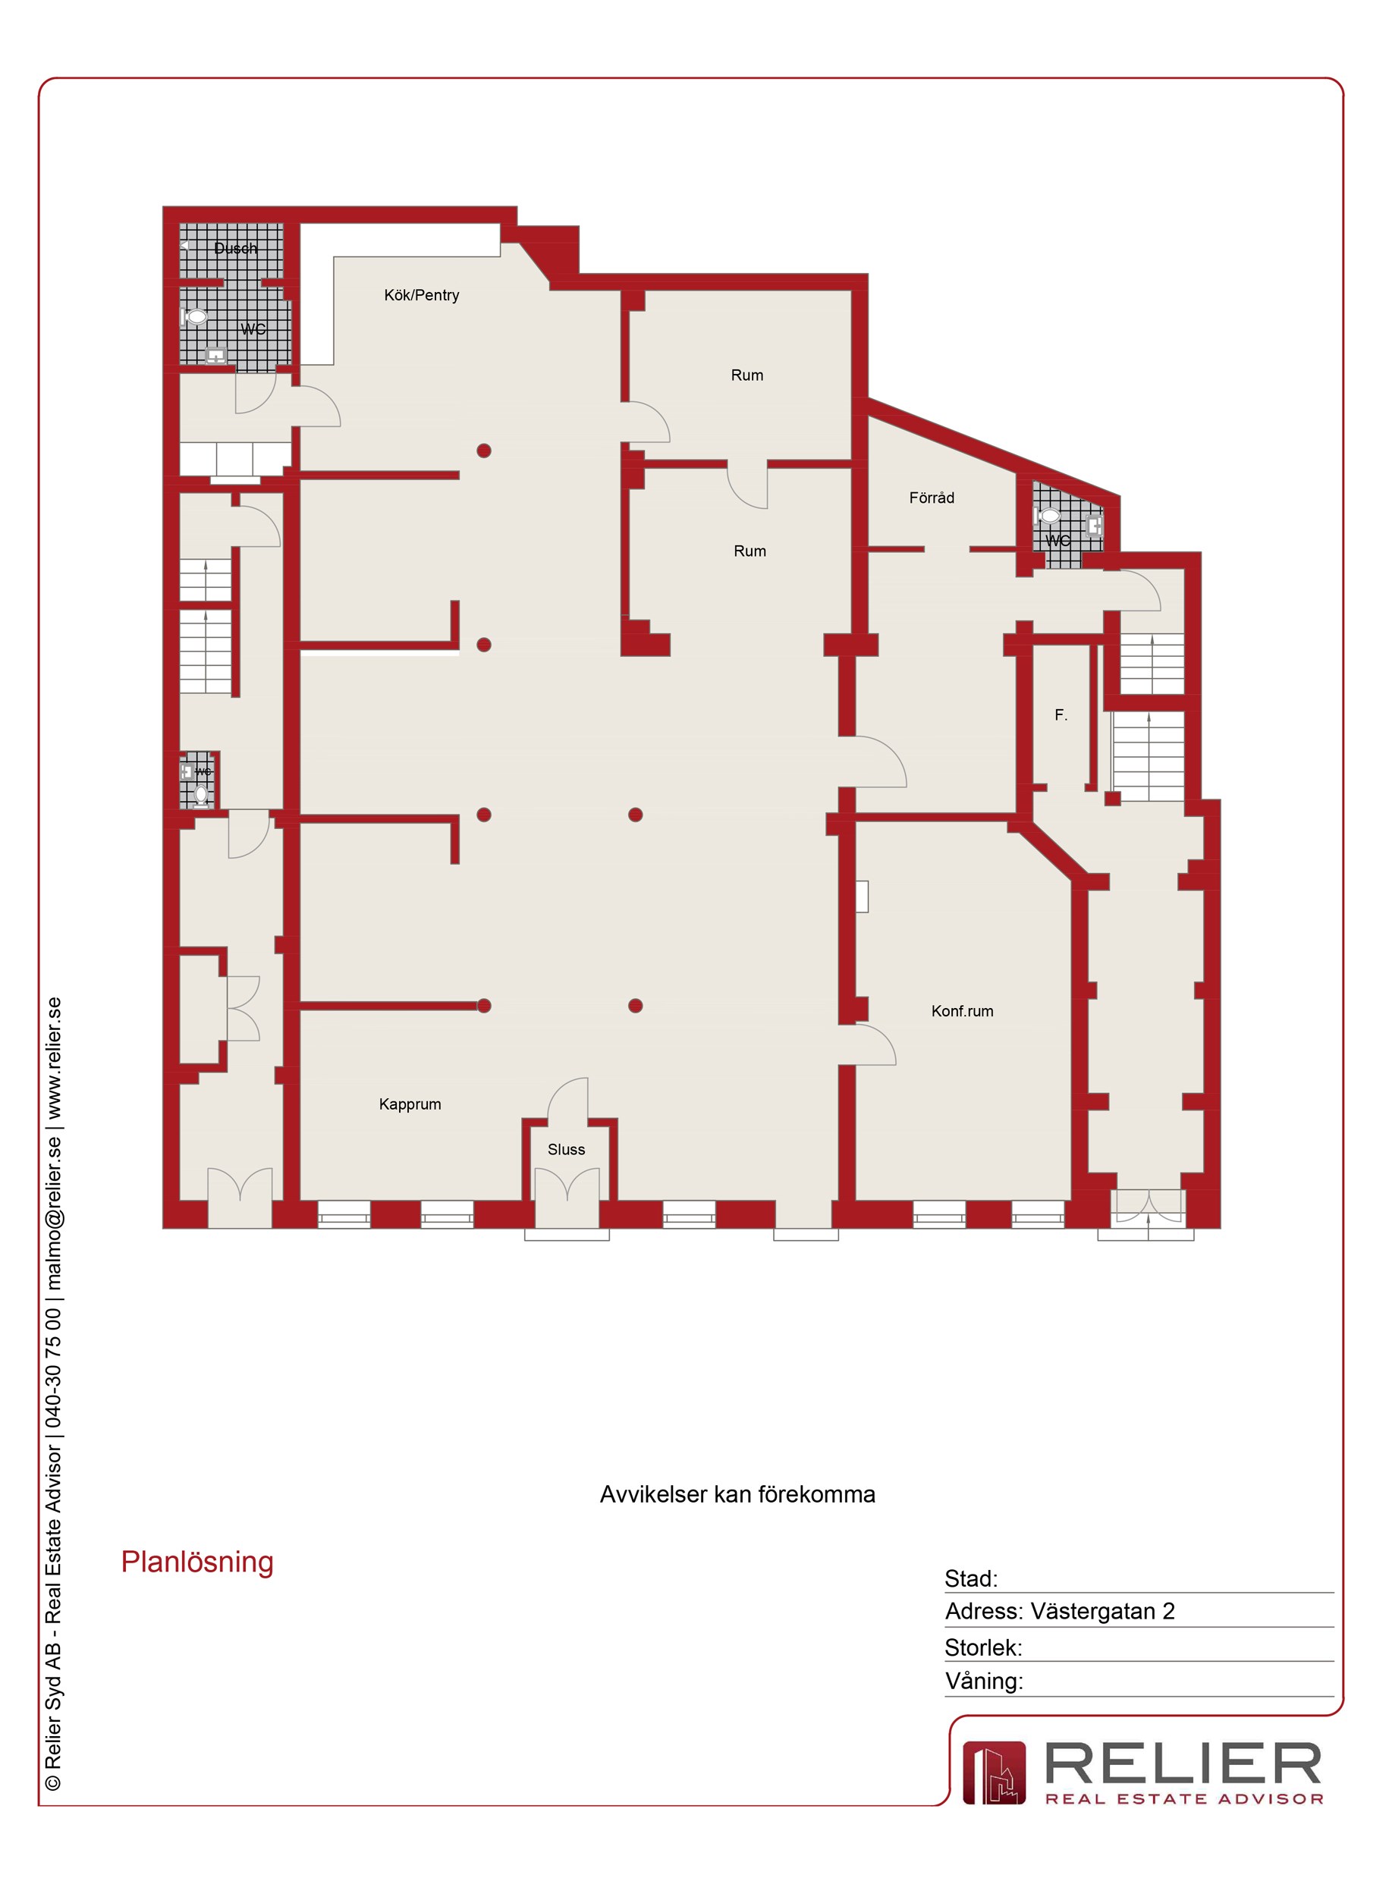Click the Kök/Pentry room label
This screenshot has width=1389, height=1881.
421,295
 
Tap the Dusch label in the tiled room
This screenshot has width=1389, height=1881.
235,248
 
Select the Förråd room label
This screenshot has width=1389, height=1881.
932,498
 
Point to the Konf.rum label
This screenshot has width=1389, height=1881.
962,1011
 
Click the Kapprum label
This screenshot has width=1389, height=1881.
410,1104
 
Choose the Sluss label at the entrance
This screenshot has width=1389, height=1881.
566,1149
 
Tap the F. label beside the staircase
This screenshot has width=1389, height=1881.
1061,715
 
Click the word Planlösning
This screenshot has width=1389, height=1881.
197,1562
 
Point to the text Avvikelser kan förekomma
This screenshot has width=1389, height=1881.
737,1494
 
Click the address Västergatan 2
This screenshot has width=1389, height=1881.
1102,1611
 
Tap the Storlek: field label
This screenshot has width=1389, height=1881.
983,1647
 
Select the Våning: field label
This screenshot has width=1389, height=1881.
984,1681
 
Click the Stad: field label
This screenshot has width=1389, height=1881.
971,1578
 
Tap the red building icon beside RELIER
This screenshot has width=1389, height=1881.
994,1773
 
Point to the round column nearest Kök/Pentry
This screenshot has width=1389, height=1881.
484,451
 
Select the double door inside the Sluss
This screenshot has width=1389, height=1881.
567,1198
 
